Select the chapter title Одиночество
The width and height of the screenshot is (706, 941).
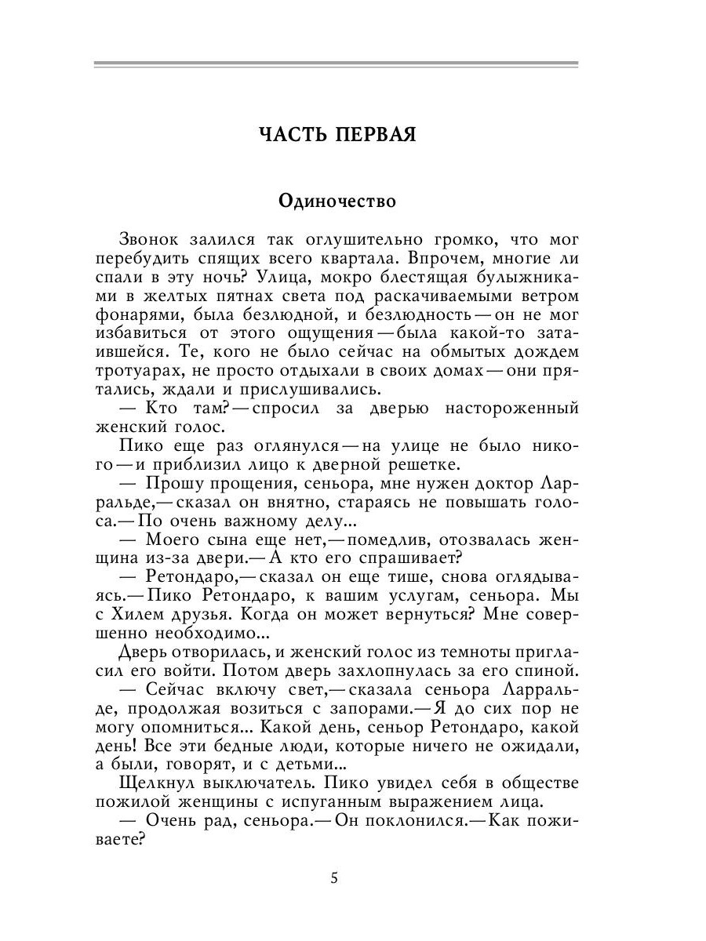click(x=337, y=202)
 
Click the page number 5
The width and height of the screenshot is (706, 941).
click(x=335, y=877)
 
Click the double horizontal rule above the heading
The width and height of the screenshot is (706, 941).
click(x=336, y=64)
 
